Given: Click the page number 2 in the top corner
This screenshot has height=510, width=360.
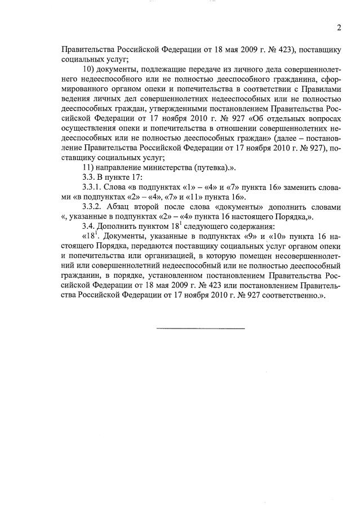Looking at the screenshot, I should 339,28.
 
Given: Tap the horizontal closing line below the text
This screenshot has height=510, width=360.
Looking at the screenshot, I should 200,328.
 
